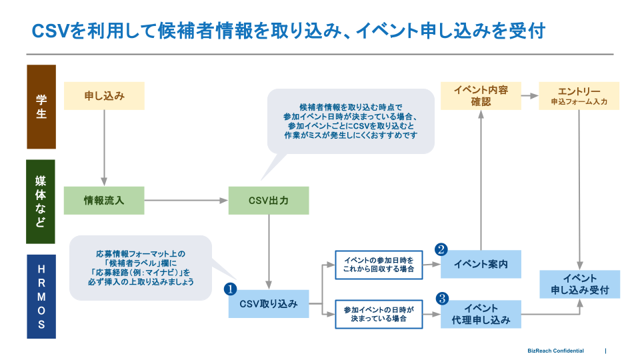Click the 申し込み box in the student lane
[104, 96]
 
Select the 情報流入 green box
[104, 200]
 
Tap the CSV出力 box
[269, 200]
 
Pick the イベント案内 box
[481, 264]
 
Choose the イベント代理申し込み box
[481, 314]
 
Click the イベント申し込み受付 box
[580, 285]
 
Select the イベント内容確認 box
[481, 96]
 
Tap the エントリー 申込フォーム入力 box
[579, 96]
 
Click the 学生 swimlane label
[41, 106]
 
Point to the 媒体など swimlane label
[41, 201]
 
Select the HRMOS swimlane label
[41, 296]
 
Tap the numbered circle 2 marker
[441, 249]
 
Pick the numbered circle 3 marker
[441, 299]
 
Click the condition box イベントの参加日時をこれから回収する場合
[379, 265]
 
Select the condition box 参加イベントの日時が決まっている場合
[379, 314]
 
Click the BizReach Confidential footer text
[555, 351]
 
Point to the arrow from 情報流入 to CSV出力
[186, 200]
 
